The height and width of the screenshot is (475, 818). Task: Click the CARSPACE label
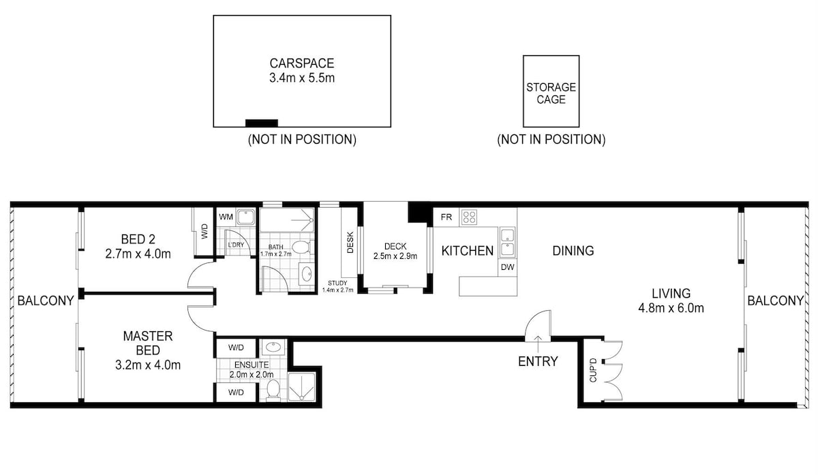[301, 63]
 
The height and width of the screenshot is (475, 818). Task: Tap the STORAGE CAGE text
[551, 93]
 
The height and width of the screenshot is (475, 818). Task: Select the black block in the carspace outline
[262, 123]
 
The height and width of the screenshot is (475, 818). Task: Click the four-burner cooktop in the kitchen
[469, 217]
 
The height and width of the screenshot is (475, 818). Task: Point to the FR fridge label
[446, 217]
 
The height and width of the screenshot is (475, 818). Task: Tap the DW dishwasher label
[507, 267]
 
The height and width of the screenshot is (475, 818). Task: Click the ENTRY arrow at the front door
[538, 343]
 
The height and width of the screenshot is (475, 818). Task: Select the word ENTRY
[538, 361]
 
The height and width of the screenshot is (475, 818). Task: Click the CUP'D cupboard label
[592, 370]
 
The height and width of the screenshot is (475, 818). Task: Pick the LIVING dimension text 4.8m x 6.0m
[671, 308]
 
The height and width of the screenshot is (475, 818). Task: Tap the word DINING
[573, 251]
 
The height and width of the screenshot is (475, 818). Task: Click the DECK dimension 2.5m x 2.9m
[395, 256]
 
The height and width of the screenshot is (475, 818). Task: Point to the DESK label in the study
[350, 243]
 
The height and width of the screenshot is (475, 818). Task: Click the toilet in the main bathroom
[302, 247]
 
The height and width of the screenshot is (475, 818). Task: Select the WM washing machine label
[226, 217]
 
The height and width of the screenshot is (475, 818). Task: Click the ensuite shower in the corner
[301, 386]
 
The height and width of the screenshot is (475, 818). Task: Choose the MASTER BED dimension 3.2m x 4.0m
[148, 365]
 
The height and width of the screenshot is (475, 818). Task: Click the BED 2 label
[138, 239]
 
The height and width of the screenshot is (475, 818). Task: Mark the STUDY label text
[337, 283]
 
